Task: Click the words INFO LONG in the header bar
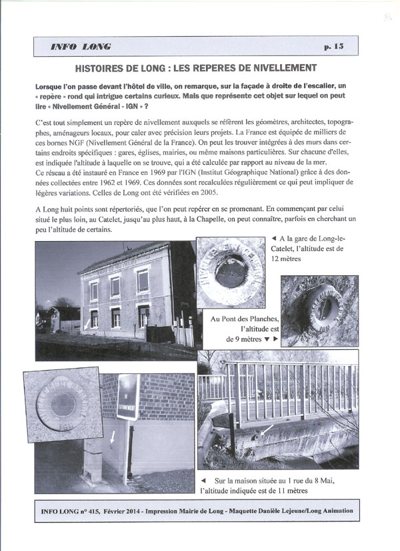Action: tap(81, 47)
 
